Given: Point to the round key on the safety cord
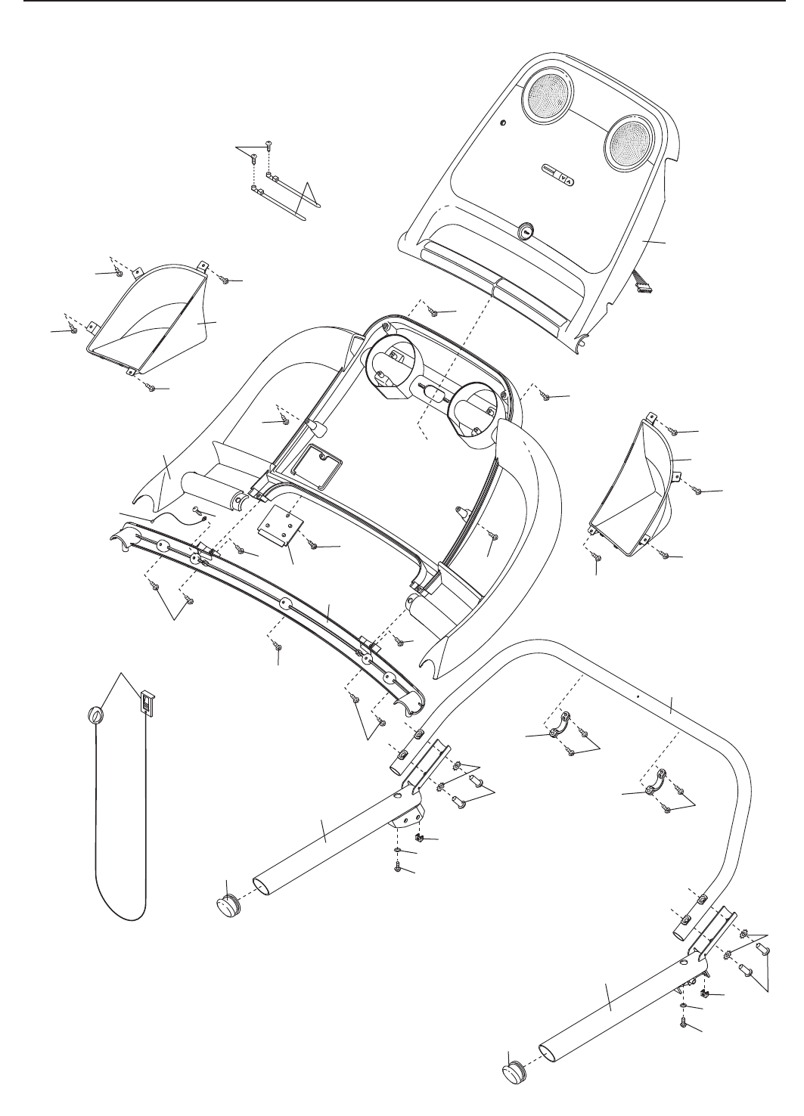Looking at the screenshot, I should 95,715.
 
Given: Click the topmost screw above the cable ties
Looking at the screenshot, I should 269,144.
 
